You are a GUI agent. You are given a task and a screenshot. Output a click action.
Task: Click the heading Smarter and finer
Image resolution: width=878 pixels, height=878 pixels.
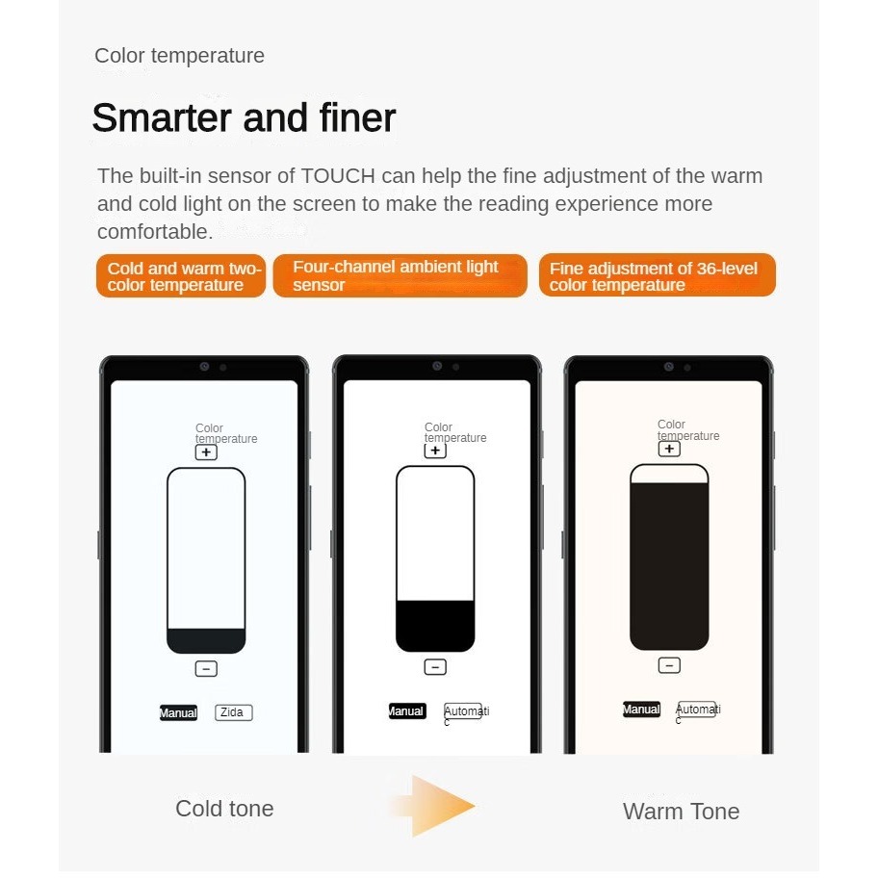coord(245,117)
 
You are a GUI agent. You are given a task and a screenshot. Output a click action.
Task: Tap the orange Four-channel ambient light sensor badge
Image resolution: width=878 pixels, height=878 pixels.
coord(400,275)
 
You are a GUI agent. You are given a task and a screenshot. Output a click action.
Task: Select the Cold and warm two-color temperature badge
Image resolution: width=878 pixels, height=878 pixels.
coord(181,275)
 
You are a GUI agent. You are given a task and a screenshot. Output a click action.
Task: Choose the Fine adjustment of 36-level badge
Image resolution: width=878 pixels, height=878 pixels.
coord(657,275)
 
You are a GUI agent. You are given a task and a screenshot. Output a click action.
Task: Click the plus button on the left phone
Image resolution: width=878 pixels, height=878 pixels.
coord(206,452)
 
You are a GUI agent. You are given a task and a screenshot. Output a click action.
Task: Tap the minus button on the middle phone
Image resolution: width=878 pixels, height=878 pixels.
coord(435,667)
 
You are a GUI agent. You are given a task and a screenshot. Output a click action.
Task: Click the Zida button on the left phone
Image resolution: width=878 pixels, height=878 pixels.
coord(234,712)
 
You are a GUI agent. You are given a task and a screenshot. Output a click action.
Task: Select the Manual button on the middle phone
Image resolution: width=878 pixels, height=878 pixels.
coord(407,711)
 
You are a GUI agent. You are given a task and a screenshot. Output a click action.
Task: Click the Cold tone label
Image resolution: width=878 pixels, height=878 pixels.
coord(224,809)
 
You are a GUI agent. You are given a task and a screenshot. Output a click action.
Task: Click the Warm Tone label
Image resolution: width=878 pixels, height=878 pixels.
coord(681,812)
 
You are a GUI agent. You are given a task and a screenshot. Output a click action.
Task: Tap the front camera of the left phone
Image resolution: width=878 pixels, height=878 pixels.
coord(204,366)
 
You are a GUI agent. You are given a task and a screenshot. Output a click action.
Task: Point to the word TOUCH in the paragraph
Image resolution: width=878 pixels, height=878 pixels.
coord(338,176)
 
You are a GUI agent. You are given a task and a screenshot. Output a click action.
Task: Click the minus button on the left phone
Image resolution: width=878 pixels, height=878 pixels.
coord(206,668)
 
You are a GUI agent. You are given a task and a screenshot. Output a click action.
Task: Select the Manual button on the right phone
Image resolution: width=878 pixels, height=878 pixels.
coord(642,709)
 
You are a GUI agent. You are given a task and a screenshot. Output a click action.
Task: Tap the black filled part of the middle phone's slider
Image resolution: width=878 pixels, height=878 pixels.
coord(435,626)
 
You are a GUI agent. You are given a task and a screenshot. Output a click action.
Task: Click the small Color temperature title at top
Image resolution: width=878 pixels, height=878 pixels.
coord(179,56)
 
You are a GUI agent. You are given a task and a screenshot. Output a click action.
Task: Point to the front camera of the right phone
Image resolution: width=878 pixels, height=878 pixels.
coord(668,367)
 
